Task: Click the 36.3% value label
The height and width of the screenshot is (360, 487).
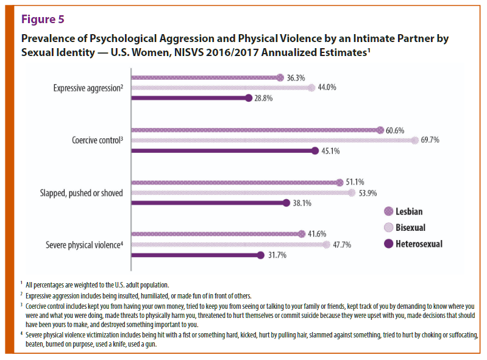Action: point(296,77)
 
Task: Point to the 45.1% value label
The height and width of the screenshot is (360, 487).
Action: point(331,151)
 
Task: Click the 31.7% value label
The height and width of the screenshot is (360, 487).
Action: point(277,255)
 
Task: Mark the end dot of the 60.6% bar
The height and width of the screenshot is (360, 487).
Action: point(380,130)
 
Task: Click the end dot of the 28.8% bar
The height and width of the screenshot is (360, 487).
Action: point(248,98)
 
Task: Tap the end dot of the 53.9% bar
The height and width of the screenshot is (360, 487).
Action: point(351,193)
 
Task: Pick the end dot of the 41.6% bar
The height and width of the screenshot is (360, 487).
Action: point(301,234)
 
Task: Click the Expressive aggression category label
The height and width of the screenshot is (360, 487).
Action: point(88,88)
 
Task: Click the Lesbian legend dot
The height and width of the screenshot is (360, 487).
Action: point(388,211)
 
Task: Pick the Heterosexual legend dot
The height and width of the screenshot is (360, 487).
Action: point(388,244)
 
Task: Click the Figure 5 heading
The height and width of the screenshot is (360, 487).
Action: point(43,19)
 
